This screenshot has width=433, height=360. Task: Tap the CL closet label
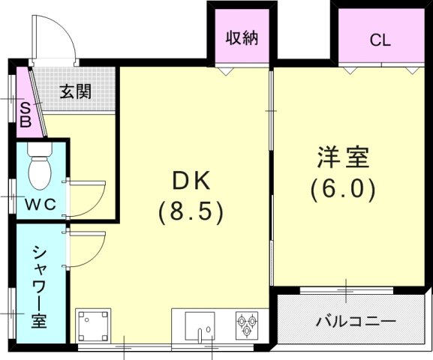click(x=380, y=40)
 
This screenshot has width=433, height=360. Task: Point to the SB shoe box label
click(x=25, y=114)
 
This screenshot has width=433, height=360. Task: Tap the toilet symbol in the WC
click(x=40, y=168)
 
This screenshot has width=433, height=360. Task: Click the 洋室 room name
click(x=343, y=159)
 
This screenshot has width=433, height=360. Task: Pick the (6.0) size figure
click(x=343, y=190)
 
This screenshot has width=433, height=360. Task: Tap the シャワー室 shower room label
click(x=39, y=286)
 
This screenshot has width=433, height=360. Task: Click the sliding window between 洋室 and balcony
click(x=345, y=289)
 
